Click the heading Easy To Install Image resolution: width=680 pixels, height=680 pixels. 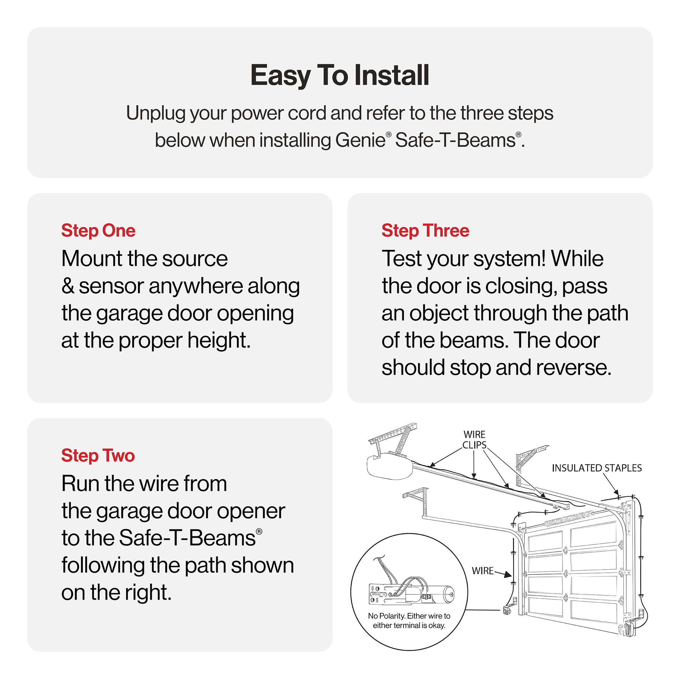(340, 75)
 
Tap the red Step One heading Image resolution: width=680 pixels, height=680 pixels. (98, 231)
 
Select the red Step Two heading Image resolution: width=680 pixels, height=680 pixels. (98, 455)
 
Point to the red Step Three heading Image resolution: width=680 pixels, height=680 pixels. (425, 231)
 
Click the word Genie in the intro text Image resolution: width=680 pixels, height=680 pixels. (360, 140)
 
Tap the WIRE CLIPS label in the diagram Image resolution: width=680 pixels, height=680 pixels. (474, 440)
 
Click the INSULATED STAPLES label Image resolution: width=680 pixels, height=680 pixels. (596, 468)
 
